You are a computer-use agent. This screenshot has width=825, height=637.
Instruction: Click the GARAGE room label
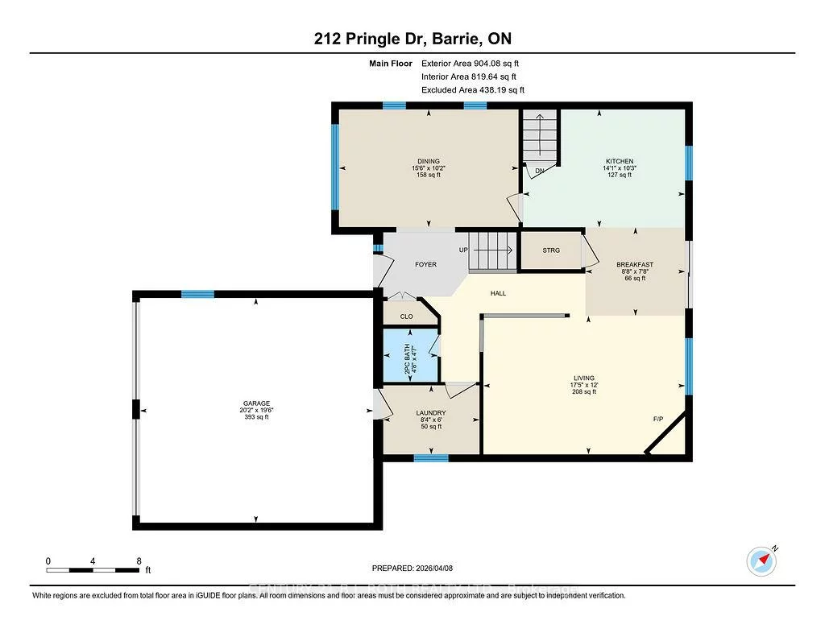coord(257,403)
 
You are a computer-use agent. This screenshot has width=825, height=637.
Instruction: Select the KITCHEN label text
coord(620,161)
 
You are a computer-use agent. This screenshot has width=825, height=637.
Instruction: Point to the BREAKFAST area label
coord(635,265)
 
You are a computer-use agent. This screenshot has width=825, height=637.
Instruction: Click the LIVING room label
coord(583,378)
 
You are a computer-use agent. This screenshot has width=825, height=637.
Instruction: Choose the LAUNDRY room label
coord(432,413)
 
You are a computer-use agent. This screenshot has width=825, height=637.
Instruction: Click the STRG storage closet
coord(551,250)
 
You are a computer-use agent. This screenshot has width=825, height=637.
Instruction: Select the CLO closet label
coord(406,316)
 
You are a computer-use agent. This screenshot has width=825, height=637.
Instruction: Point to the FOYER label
coord(425,264)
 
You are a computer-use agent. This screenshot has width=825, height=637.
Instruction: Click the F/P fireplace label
coord(658,420)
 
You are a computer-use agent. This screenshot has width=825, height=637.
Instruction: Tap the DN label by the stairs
coord(539,171)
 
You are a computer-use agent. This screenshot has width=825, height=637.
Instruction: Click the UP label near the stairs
coord(463,250)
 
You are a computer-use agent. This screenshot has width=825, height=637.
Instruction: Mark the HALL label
coord(499,293)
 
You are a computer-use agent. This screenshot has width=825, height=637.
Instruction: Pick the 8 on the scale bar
coord(139,560)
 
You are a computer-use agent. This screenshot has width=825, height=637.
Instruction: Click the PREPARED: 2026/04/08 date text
coord(418,567)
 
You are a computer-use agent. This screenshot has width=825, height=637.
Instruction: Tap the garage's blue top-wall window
coord(197,294)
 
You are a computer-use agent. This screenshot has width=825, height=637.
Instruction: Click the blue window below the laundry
coord(431,458)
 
